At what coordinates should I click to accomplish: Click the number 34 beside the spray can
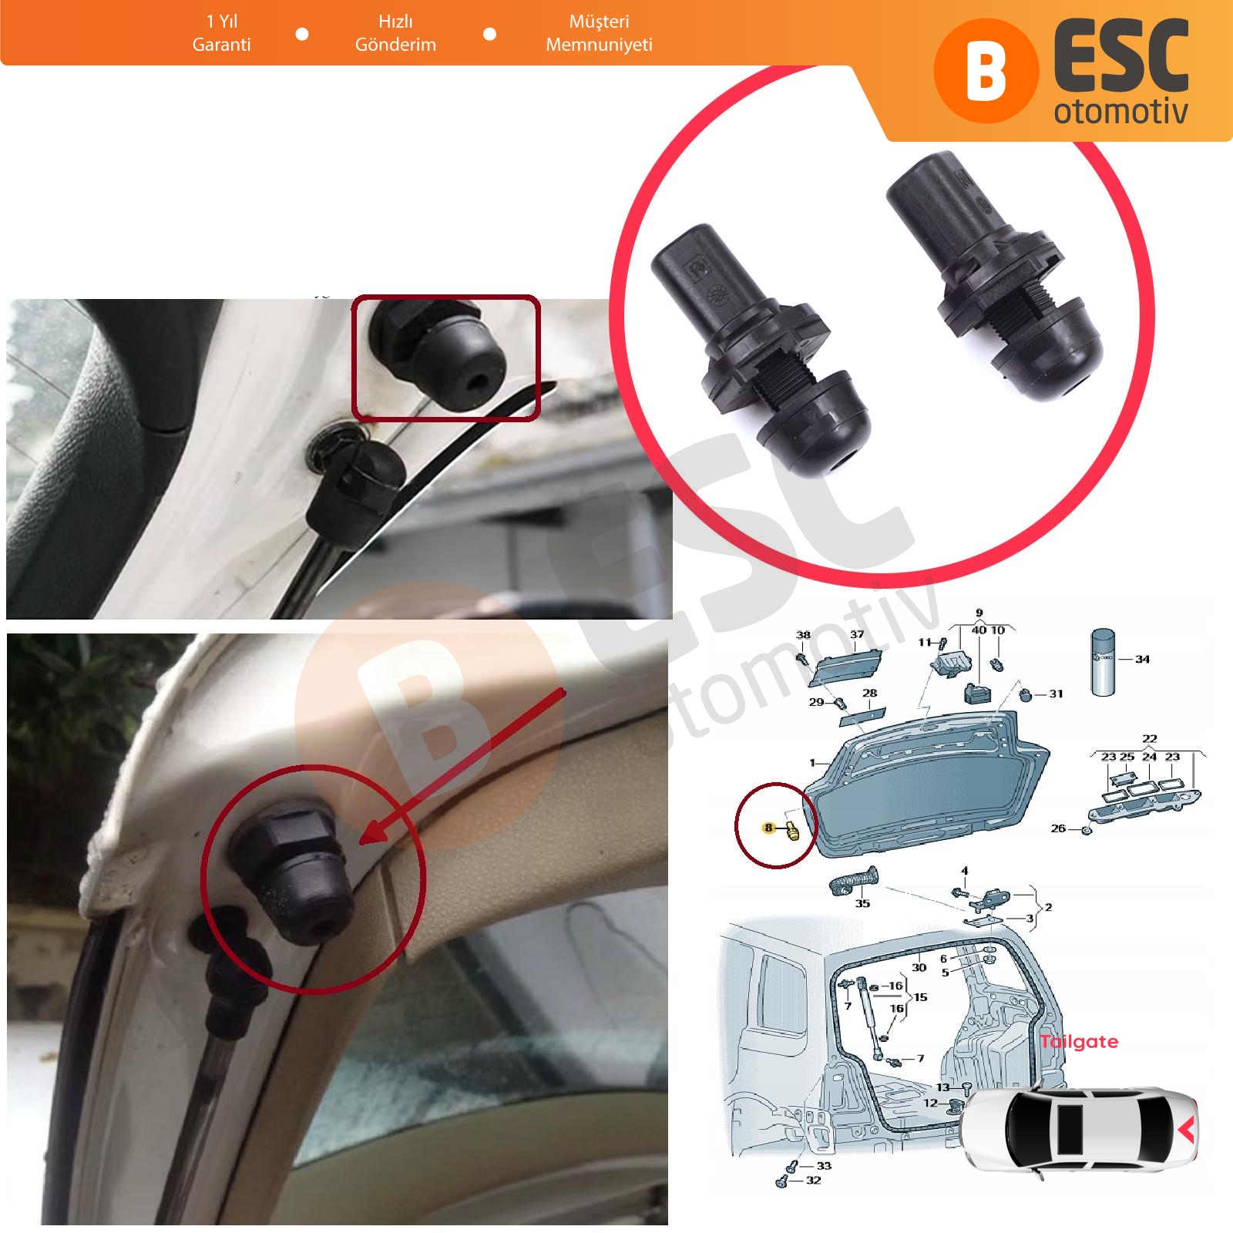(1142, 659)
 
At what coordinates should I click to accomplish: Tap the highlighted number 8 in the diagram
(768, 828)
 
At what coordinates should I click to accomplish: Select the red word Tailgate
(1079, 1042)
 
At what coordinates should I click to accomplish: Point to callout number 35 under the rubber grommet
(862, 903)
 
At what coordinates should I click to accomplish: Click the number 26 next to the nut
(1058, 828)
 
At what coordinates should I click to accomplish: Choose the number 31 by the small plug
(1056, 694)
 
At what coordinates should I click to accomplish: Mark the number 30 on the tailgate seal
(919, 966)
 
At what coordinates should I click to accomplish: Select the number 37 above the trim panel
(857, 634)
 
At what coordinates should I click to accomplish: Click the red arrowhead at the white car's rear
(1188, 1130)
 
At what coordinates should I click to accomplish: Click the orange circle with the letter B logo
(986, 72)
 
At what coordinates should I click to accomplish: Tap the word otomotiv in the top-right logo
(1120, 112)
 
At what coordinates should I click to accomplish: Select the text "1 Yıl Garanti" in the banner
(222, 32)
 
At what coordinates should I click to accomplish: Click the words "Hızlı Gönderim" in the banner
(395, 32)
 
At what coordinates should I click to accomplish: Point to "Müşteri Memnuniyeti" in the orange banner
(599, 32)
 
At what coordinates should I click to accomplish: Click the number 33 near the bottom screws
(824, 1165)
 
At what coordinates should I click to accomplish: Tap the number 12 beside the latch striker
(931, 1103)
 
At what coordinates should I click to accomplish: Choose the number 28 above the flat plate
(869, 693)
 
